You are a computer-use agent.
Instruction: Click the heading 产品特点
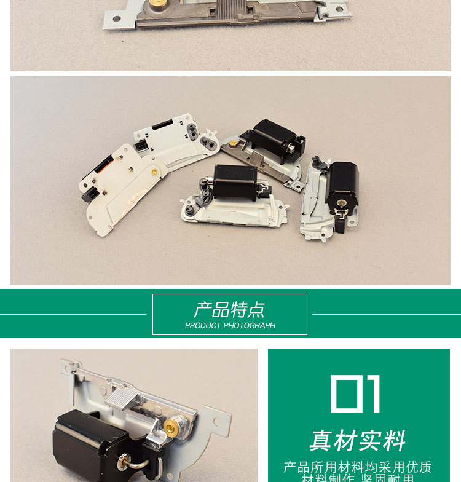[229, 309]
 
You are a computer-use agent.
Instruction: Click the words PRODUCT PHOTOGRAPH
[230, 326]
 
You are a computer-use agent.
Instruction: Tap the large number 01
[356, 393]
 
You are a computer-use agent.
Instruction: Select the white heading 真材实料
[358, 440]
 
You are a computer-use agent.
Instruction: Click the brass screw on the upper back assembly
[234, 143]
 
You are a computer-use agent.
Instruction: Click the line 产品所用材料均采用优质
[358, 467]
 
